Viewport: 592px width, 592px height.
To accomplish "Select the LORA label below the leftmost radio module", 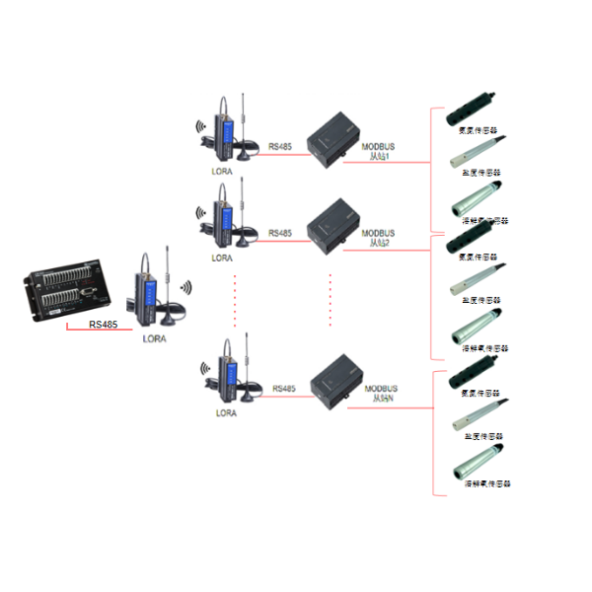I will [x=155, y=338].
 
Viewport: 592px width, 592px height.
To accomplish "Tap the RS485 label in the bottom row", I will [x=283, y=388].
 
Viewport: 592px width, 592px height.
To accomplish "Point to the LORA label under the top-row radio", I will [x=222, y=170].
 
